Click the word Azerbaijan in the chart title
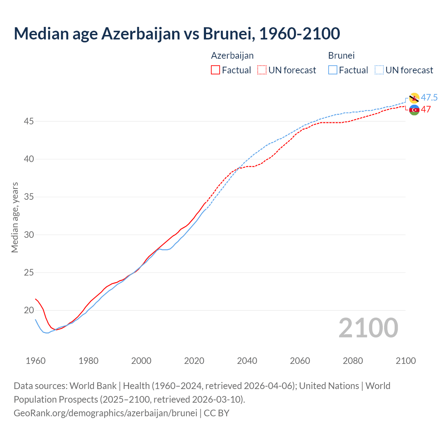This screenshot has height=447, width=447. point(140,34)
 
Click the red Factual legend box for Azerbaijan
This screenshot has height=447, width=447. point(215,70)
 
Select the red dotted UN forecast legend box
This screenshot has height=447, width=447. point(262,70)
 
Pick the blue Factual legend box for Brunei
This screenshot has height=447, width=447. point(333,70)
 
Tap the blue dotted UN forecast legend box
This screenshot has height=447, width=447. point(379,70)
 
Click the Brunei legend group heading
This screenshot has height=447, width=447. point(341,56)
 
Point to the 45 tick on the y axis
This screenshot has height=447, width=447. point(29,121)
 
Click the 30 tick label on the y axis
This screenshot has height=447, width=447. point(29,235)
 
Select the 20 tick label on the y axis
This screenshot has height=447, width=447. point(29,310)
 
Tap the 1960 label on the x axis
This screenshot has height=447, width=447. point(36,361)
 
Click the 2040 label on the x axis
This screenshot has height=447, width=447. point(247,361)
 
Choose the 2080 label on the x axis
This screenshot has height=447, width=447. point(353,361)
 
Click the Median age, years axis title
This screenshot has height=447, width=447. point(15,217)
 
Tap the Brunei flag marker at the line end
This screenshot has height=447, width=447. point(414,98)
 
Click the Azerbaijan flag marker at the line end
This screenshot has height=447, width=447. point(414,110)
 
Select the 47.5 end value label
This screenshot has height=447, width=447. point(429,97)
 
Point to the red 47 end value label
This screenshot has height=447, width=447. point(426,109)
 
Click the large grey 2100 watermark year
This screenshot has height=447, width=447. point(368,328)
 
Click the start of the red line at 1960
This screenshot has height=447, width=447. point(36,299)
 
